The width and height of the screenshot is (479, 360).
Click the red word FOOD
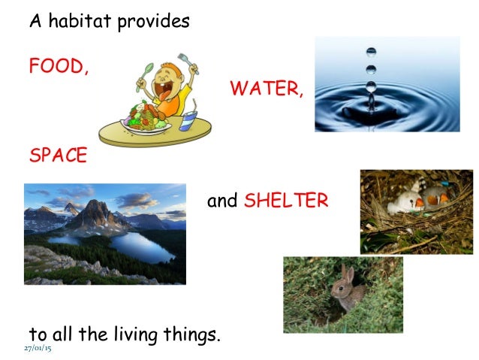[x=57, y=66]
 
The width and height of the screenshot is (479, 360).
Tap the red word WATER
[x=266, y=89]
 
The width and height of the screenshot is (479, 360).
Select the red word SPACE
[x=58, y=156]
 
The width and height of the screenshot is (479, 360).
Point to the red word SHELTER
[x=286, y=201]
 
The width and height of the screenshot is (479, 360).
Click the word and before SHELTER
[x=222, y=201]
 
